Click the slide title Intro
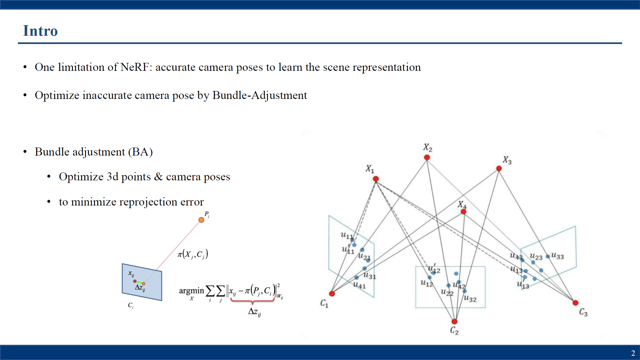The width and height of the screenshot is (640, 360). (x=40, y=31)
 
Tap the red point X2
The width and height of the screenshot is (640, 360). (x=427, y=157)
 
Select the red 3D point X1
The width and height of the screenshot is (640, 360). (x=376, y=179)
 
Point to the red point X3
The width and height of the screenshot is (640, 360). (x=499, y=169)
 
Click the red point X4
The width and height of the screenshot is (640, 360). (x=463, y=211)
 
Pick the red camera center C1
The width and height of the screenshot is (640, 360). (x=332, y=293)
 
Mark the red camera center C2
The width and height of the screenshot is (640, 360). (x=454, y=321)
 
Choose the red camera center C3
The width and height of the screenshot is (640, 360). (x=575, y=303)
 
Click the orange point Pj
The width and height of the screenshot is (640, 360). (x=201, y=220)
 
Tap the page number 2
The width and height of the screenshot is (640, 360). (x=633, y=353)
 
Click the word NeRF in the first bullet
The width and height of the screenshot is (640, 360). (x=134, y=67)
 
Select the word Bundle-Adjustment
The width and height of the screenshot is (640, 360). (x=259, y=95)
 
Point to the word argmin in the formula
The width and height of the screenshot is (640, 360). (x=191, y=291)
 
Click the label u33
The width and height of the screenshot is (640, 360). (x=558, y=256)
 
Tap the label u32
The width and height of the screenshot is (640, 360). (x=470, y=299)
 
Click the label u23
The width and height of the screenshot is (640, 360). (x=536, y=256)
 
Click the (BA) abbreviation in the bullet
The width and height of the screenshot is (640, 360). (x=141, y=152)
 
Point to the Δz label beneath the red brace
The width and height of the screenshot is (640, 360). (x=254, y=312)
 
